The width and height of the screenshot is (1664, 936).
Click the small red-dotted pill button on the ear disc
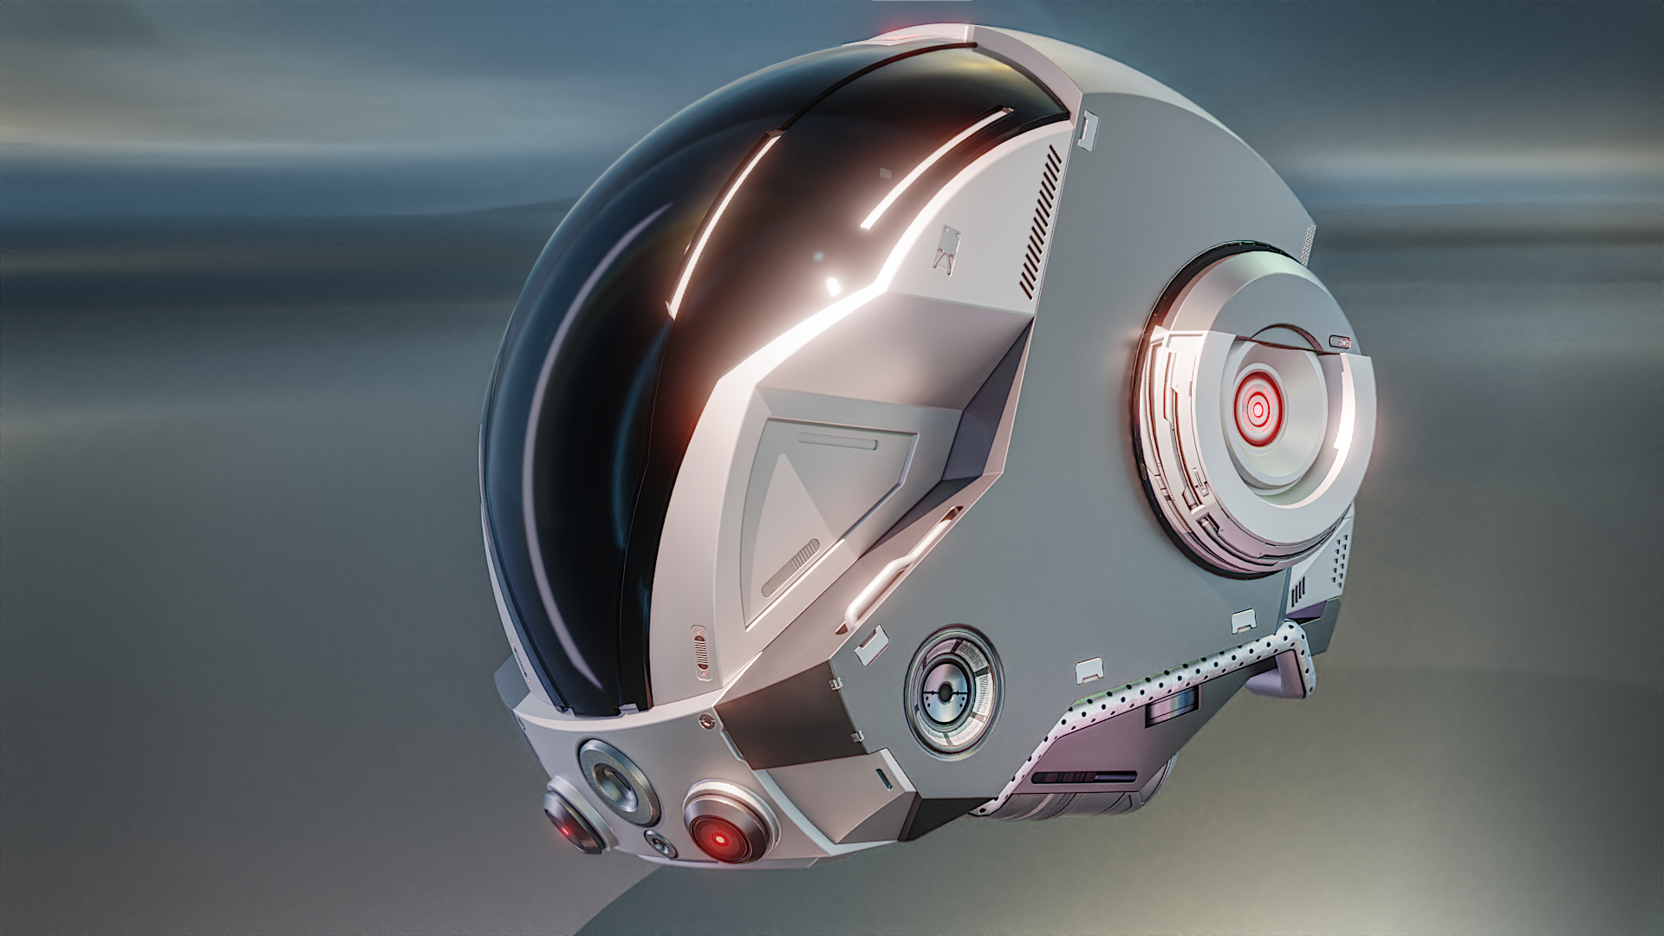tap(1340, 341)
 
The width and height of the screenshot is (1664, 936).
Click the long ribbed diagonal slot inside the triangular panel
tap(790, 568)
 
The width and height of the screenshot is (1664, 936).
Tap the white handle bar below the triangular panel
tap(901, 563)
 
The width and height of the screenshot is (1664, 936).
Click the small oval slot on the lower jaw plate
tap(882, 774)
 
